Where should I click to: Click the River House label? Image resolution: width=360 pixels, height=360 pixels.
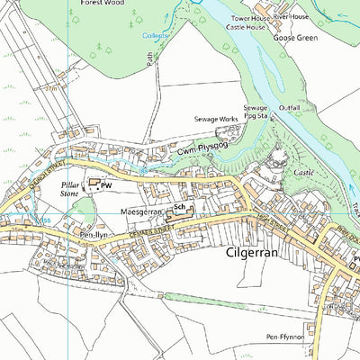(292, 16)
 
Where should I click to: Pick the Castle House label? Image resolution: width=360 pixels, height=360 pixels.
(245, 28)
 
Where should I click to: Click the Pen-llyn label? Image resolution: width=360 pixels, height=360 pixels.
(93, 236)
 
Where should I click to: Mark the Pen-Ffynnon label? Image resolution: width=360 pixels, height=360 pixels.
(285, 337)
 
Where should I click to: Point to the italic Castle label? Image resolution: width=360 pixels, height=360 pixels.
(304, 171)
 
